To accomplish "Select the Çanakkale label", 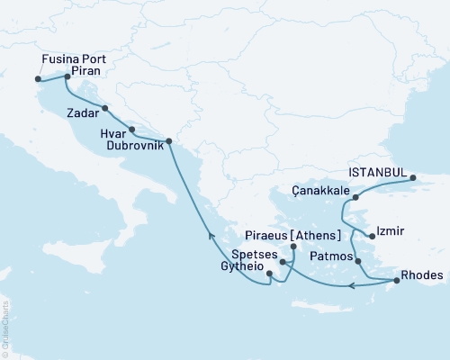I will click(320, 191).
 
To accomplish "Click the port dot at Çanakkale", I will click(355, 196).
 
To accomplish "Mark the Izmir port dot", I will click(373, 236).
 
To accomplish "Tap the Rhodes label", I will click(421, 275).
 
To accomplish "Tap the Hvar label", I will click(114, 132).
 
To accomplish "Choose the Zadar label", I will click(83, 114).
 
